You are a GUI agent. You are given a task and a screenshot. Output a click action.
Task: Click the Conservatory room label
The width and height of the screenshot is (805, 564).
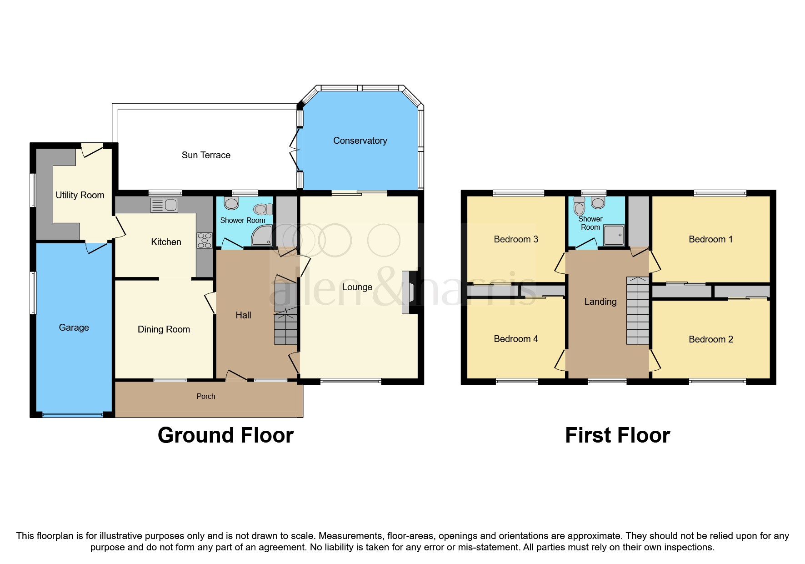coord(360,141)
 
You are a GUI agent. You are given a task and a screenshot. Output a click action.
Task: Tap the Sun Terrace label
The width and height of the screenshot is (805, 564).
coord(206,155)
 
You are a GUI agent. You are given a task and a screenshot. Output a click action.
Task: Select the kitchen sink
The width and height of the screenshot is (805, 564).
coord(164,205)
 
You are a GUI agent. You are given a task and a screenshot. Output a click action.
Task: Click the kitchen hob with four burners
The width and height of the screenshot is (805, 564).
coord(205,240)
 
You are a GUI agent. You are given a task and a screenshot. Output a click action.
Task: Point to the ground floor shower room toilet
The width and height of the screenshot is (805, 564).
coord(231,203)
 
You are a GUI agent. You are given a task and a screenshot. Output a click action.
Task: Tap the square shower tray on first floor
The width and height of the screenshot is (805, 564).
coord(614,235)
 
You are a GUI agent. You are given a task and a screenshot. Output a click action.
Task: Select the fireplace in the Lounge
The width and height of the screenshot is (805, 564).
coord(410,292)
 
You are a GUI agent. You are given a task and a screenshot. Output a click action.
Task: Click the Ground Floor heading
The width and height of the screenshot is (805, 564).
coord(225,435)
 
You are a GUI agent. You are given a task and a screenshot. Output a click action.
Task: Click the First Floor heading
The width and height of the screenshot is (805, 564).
coord(617,435)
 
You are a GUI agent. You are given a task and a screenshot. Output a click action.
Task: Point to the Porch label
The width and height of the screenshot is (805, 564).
coord(206,396)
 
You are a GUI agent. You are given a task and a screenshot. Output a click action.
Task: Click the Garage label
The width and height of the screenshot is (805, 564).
coord(74,327)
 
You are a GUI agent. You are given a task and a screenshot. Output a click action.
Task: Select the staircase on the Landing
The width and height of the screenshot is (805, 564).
coord(638,311)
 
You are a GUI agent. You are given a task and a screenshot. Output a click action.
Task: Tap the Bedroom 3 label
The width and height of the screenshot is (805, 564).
coord(516,239)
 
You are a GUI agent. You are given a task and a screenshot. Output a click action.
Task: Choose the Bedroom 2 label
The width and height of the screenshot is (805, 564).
coord(711,339)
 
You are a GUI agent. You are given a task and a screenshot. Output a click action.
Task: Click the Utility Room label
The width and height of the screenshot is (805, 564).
coord(80,195)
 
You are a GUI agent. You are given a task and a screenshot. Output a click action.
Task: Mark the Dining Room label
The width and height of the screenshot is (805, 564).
coord(164,329)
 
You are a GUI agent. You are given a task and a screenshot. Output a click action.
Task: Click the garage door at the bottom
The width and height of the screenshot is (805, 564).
coord(73,414)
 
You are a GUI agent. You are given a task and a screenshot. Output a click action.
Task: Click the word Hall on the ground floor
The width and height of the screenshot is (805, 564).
coord(243,315)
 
